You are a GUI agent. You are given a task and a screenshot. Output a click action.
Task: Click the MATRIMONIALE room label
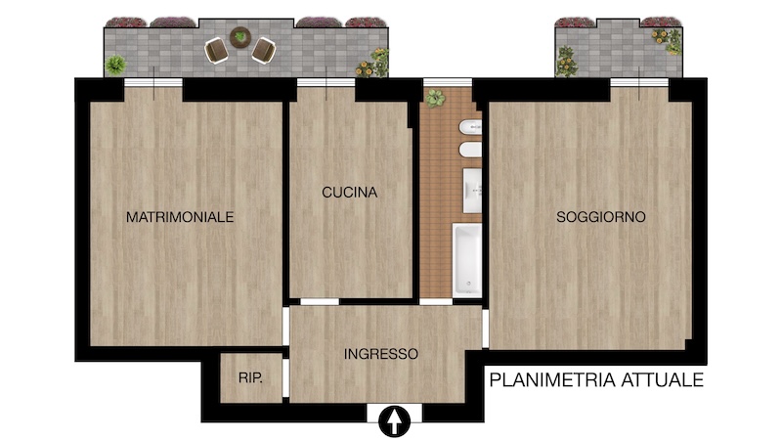(x=180, y=217)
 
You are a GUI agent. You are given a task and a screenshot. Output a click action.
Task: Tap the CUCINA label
(x=349, y=193)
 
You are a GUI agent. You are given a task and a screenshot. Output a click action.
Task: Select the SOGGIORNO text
(x=601, y=217)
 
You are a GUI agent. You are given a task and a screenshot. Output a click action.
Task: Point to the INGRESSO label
(x=380, y=354)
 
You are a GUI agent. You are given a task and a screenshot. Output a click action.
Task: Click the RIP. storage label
(x=250, y=378)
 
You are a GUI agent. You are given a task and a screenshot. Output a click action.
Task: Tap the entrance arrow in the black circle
(x=395, y=421)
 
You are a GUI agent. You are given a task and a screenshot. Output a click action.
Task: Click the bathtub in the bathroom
(x=467, y=260)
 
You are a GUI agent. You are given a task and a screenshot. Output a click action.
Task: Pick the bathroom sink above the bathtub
(x=472, y=191)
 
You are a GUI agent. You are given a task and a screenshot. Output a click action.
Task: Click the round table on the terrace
(x=240, y=37)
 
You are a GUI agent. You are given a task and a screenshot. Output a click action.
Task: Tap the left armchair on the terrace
(x=216, y=51)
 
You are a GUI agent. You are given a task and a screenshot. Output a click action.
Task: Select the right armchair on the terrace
(x=264, y=51)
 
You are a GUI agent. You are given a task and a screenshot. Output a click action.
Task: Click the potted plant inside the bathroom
(x=435, y=98)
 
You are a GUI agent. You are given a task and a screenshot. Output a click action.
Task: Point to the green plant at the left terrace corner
(x=115, y=65)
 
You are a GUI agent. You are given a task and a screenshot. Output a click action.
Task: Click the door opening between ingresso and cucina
(x=320, y=302)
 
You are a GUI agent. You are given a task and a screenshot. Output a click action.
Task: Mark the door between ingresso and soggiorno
(x=485, y=329)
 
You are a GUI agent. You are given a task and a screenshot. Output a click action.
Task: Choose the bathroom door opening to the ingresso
(x=436, y=302)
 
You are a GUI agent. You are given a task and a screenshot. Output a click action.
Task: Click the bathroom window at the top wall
(x=448, y=83)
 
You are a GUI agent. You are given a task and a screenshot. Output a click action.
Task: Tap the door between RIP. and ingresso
(x=285, y=378)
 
